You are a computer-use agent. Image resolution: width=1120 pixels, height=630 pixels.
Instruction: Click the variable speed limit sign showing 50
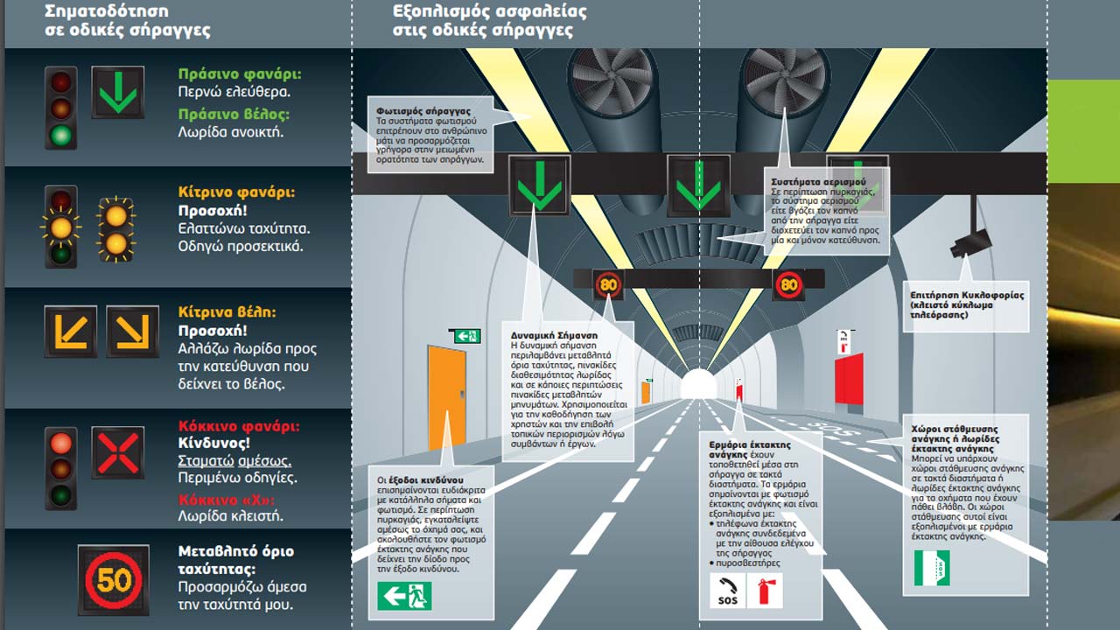pyautogui.click(x=113, y=579)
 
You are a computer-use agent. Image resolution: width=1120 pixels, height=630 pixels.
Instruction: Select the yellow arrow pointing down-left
pyautogui.click(x=71, y=332)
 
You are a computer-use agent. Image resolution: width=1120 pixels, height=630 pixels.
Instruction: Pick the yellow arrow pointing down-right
pyautogui.click(x=132, y=332)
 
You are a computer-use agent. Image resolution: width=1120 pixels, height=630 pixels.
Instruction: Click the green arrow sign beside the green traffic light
pyautogui.click(x=117, y=93)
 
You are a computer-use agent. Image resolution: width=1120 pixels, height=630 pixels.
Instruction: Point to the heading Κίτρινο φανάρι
pyautogui.click(x=236, y=192)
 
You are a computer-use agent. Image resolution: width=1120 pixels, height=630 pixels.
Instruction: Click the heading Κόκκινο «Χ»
pyautogui.click(x=227, y=500)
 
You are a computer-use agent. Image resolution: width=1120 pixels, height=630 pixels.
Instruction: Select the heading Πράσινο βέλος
pyautogui.click(x=234, y=114)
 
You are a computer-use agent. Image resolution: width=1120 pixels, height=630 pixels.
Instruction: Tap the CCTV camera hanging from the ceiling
pyautogui.click(x=970, y=240)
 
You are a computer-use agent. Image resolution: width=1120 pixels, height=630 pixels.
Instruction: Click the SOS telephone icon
pyautogui.click(x=726, y=591)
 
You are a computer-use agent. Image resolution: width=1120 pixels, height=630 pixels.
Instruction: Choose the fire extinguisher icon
pyautogui.click(x=764, y=591)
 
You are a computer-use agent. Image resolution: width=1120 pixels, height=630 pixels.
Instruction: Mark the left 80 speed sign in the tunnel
pyautogui.click(x=608, y=283)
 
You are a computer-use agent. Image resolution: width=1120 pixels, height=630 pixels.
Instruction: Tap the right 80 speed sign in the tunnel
pyautogui.click(x=788, y=283)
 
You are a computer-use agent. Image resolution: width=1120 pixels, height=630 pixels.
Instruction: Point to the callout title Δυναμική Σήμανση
pyautogui.click(x=554, y=335)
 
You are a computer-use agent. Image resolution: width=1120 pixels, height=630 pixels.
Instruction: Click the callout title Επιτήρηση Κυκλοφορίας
pyautogui.click(x=966, y=296)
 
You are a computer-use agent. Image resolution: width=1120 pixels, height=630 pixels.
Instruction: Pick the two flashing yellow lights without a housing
pyautogui.click(x=116, y=229)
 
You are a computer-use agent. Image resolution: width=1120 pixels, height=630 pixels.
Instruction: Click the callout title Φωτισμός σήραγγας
pyautogui.click(x=423, y=112)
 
